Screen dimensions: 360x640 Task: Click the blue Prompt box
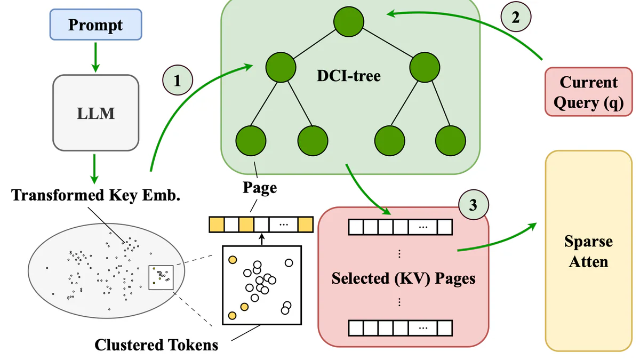click(x=95, y=25)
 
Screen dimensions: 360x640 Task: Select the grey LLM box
click(x=95, y=113)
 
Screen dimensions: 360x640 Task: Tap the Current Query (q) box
click(x=588, y=91)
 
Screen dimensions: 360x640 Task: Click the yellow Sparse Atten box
click(x=588, y=251)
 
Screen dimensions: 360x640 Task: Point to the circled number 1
click(x=177, y=81)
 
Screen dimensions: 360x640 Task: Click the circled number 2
click(x=515, y=17)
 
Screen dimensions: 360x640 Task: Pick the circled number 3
click(x=473, y=205)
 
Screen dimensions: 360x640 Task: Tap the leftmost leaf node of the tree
click(x=250, y=140)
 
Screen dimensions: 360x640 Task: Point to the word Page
click(x=259, y=187)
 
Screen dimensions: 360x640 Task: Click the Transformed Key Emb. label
click(x=95, y=195)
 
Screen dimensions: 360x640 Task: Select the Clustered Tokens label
click(x=156, y=345)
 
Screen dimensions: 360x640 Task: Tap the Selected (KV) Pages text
click(x=403, y=278)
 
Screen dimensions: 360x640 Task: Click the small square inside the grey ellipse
click(x=161, y=277)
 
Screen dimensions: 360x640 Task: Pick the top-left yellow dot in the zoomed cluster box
click(x=233, y=260)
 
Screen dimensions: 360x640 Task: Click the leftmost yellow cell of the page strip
click(x=216, y=224)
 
